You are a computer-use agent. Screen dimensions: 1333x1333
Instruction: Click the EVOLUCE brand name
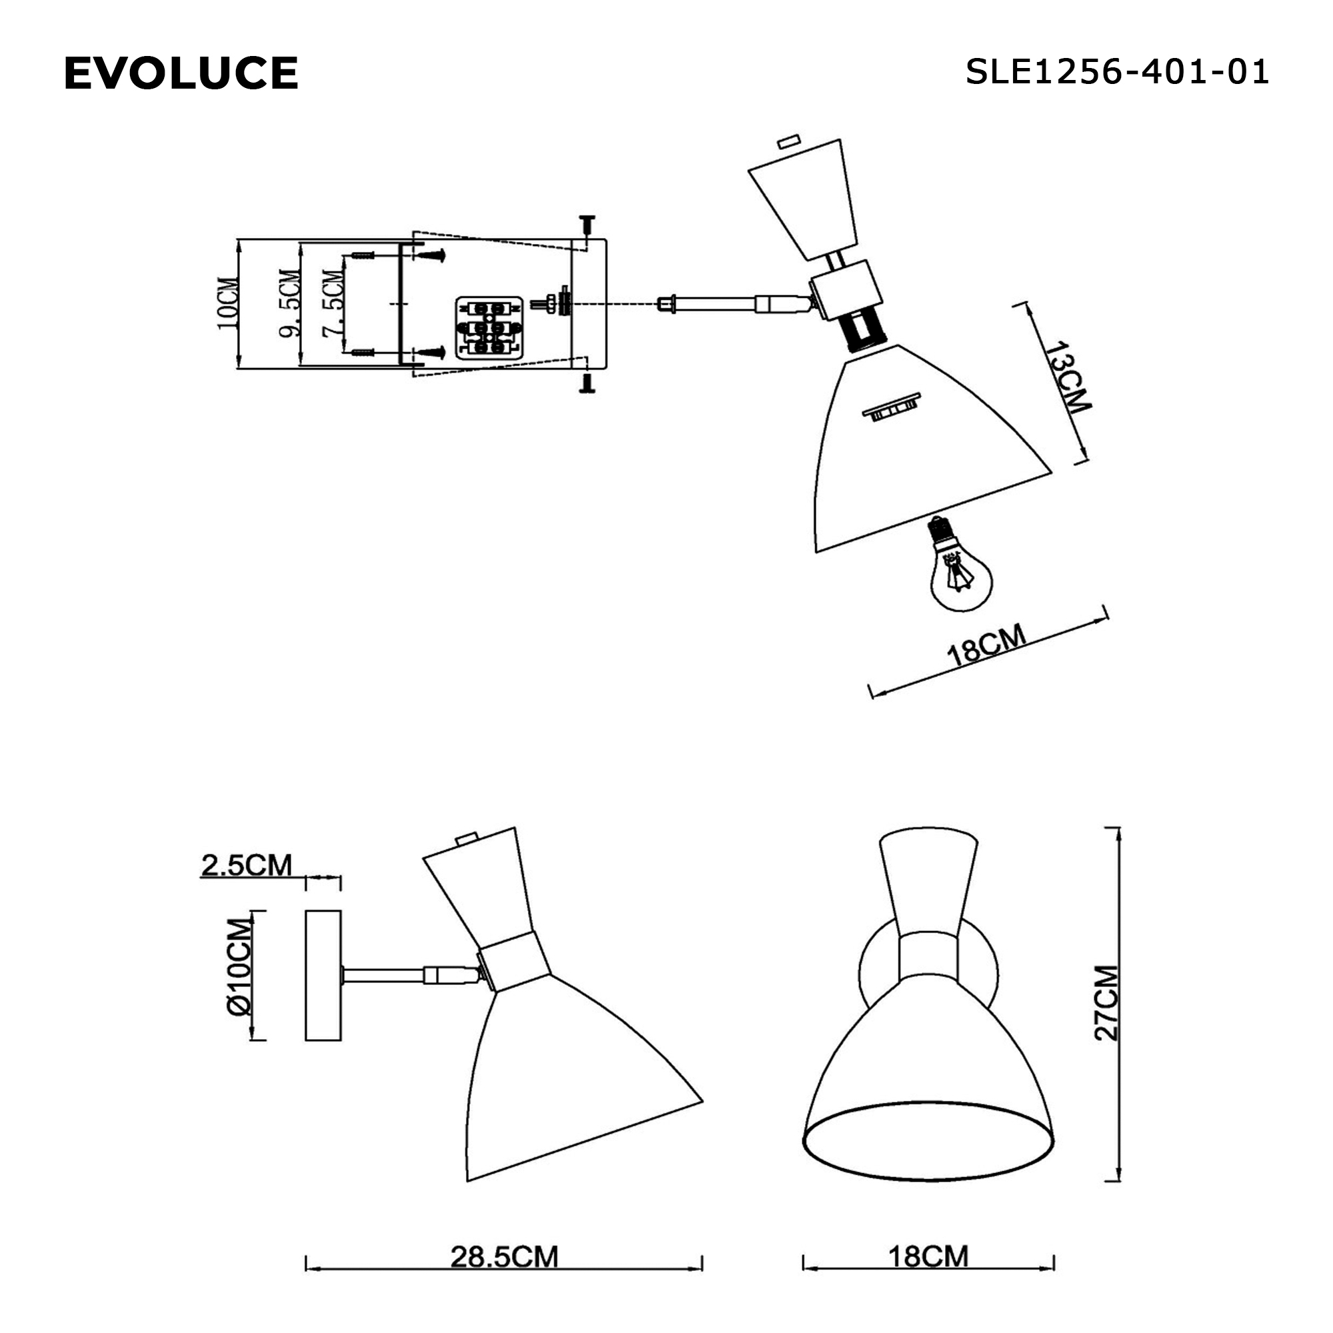(x=181, y=73)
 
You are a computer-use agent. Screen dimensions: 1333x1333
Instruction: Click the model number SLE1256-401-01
(x=1116, y=72)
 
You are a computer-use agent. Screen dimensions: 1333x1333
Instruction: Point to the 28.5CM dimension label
(x=504, y=1256)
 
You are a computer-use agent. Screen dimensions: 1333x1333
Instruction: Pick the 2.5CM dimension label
(x=247, y=865)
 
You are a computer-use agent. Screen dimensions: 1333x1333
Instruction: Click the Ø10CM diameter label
(x=239, y=966)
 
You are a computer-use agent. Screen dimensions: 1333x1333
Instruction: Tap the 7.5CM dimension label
(x=333, y=303)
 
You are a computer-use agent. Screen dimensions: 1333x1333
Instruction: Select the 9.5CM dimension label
(x=290, y=303)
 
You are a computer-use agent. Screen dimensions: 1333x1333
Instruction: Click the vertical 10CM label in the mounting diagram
(x=228, y=303)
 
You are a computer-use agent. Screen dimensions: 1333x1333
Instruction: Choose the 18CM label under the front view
(x=927, y=1256)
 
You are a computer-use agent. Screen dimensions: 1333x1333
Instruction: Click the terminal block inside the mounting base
(x=488, y=329)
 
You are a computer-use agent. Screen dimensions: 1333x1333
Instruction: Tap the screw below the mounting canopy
(x=587, y=385)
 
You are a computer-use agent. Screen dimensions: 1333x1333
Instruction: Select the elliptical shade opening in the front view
(x=928, y=1148)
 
